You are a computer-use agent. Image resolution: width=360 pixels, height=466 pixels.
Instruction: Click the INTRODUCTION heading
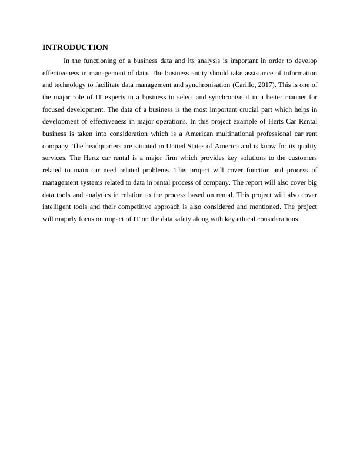[x=75, y=47]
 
